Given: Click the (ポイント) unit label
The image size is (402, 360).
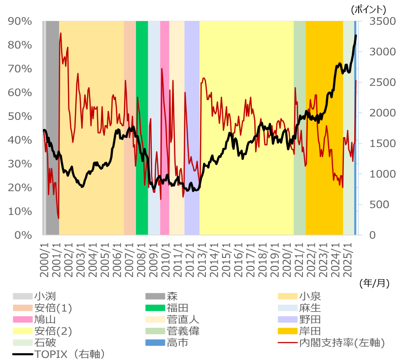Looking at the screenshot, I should click(x=368, y=9).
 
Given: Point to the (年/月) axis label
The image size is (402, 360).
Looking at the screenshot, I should click(x=374, y=283).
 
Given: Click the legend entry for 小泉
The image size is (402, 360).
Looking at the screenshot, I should click(x=310, y=296).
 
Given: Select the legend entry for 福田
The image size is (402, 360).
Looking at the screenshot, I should click(x=177, y=308).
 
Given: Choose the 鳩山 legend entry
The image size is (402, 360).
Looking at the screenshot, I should click(x=44, y=320).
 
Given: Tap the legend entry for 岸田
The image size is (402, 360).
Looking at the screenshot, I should click(x=310, y=331).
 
